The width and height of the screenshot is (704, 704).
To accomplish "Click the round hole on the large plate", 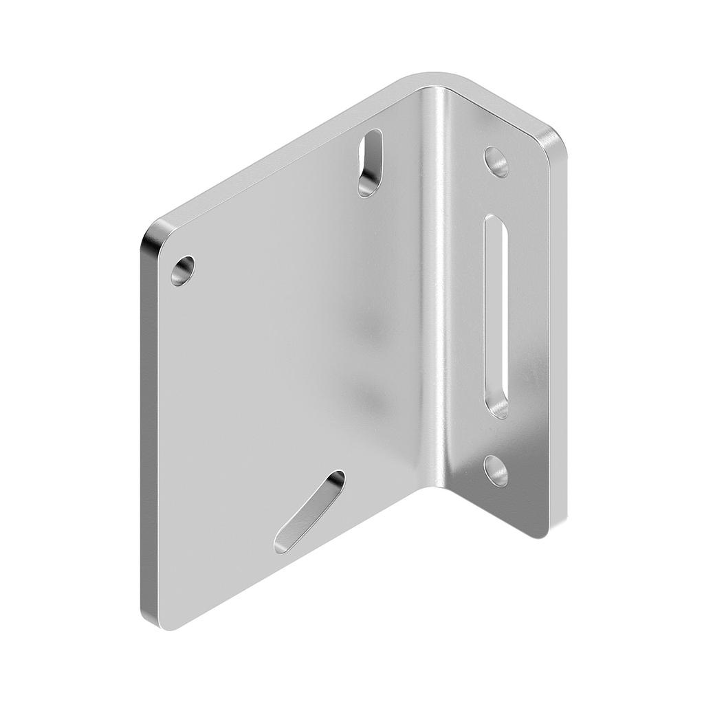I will [x=182, y=270].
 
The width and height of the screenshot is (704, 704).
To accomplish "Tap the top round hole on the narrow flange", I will [x=496, y=162].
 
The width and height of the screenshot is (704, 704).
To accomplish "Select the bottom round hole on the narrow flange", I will [x=496, y=471].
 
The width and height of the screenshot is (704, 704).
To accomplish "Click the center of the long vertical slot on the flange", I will [x=496, y=316].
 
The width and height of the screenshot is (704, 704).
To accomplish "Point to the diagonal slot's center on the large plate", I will [x=309, y=512].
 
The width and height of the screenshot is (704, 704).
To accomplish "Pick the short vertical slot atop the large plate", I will [x=371, y=163].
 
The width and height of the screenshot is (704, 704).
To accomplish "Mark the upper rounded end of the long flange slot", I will [x=496, y=223].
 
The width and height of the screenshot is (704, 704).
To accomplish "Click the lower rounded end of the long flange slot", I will [x=497, y=409].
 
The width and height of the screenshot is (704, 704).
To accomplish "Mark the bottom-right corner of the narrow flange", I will [x=543, y=533].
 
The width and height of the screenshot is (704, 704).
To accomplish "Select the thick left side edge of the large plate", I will [x=148, y=426].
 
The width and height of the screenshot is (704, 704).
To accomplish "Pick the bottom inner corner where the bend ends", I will [x=440, y=484].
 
